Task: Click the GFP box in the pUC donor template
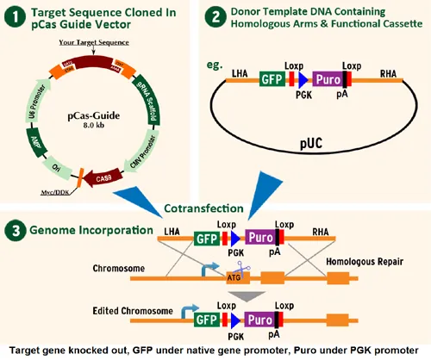[x=269, y=79]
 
